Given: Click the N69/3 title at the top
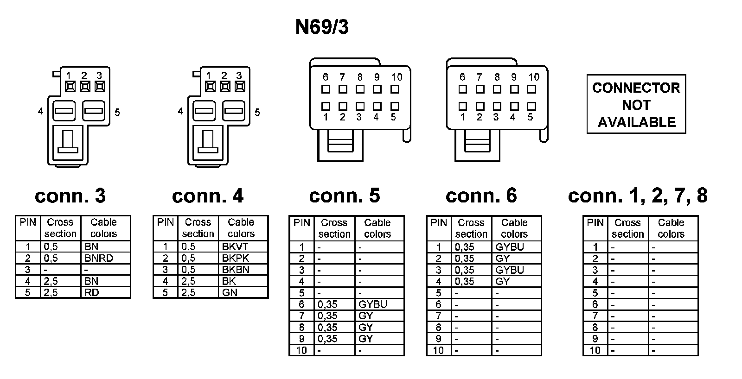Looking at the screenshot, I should pyautogui.click(x=322, y=27).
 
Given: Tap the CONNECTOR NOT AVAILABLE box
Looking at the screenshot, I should pyautogui.click(x=636, y=105).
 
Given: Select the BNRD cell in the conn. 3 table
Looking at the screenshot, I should pyautogui.click(x=99, y=258).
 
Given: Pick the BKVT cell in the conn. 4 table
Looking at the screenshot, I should pyautogui.click(x=235, y=246).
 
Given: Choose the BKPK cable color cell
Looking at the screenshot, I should pyautogui.click(x=236, y=258).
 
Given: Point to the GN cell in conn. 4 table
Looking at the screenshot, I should pyautogui.click(x=230, y=292).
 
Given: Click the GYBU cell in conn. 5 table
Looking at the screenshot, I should pyautogui.click(x=372, y=304).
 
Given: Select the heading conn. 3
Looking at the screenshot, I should pyautogui.click(x=70, y=196).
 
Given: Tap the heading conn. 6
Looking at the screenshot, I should pyautogui.click(x=481, y=196).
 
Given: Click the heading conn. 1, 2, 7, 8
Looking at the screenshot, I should pyautogui.click(x=638, y=196).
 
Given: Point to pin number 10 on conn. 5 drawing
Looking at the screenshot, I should pyautogui.click(x=397, y=77).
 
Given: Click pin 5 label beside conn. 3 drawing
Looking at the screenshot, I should pyautogui.click(x=117, y=112).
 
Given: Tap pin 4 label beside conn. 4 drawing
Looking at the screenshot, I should pyautogui.click(x=180, y=112).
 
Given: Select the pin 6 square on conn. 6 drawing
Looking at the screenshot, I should pyautogui.click(x=462, y=88).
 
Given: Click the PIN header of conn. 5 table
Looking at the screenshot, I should pyautogui.click(x=302, y=223).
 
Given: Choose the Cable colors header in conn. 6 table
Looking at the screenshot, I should pyautogui.click(x=514, y=228).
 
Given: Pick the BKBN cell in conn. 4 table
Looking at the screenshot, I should pyautogui.click(x=236, y=270).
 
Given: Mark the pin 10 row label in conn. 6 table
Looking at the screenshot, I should pyautogui.click(x=438, y=350).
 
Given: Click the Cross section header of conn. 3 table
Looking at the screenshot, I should pyautogui.click(x=60, y=228).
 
